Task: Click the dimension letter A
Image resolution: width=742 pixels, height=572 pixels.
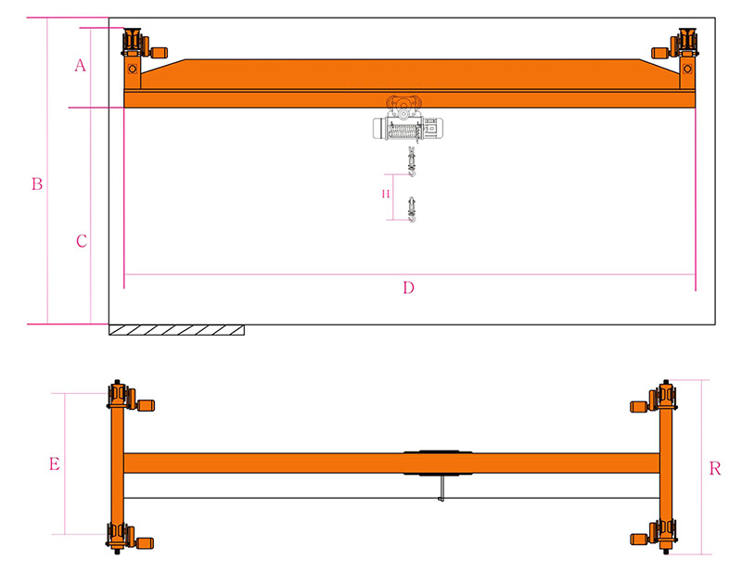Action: coord(80,65)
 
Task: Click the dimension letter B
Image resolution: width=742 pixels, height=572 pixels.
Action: coord(37,184)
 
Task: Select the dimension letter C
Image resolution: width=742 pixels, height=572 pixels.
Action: coord(82,241)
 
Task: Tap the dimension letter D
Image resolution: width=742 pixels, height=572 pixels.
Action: coord(408,287)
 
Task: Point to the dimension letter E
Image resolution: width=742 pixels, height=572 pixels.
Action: coord(55,464)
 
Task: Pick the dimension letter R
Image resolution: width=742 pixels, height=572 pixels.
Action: coord(715,468)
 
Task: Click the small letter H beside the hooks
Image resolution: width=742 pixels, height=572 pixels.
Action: coord(386,194)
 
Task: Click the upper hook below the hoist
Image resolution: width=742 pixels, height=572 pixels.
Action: coord(412,162)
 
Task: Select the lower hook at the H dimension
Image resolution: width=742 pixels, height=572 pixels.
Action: coord(412,210)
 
